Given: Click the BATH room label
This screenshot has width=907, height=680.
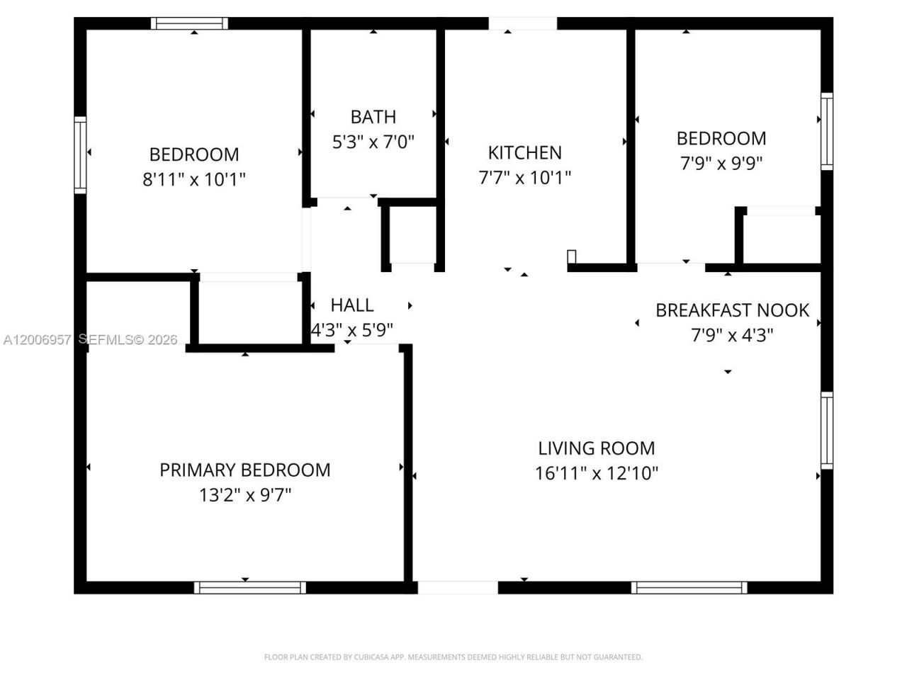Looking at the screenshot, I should (373, 117).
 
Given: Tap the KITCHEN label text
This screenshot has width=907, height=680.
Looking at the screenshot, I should (524, 152).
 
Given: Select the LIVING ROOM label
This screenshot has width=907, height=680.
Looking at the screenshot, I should (596, 448).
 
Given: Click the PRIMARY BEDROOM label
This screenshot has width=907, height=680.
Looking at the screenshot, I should (244, 470).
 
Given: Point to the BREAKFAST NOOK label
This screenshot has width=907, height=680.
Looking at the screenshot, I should (732, 310).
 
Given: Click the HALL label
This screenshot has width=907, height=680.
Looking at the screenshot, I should (351, 305).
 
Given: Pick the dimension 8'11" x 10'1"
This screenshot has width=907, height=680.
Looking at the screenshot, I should (194, 179).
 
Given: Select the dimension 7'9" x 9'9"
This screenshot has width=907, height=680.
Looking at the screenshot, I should (721, 164).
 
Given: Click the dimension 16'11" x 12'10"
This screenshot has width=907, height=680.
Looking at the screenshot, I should (596, 473).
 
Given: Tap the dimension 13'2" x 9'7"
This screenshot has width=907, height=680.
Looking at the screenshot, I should (244, 494).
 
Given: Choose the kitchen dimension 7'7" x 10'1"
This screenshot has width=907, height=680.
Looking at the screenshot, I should (524, 177).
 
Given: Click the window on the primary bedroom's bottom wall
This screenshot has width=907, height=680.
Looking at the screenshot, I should (249, 587).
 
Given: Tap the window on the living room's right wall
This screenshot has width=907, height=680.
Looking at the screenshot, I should (826, 430).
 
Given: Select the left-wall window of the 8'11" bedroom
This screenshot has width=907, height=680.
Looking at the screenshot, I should (80, 155).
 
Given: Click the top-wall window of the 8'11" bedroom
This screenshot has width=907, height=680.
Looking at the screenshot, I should (189, 23).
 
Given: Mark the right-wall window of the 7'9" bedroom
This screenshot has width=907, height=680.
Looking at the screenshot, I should (826, 131).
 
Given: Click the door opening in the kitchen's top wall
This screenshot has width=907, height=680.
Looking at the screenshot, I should (523, 23).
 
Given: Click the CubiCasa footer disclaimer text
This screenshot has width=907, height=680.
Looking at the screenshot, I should (453, 657).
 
